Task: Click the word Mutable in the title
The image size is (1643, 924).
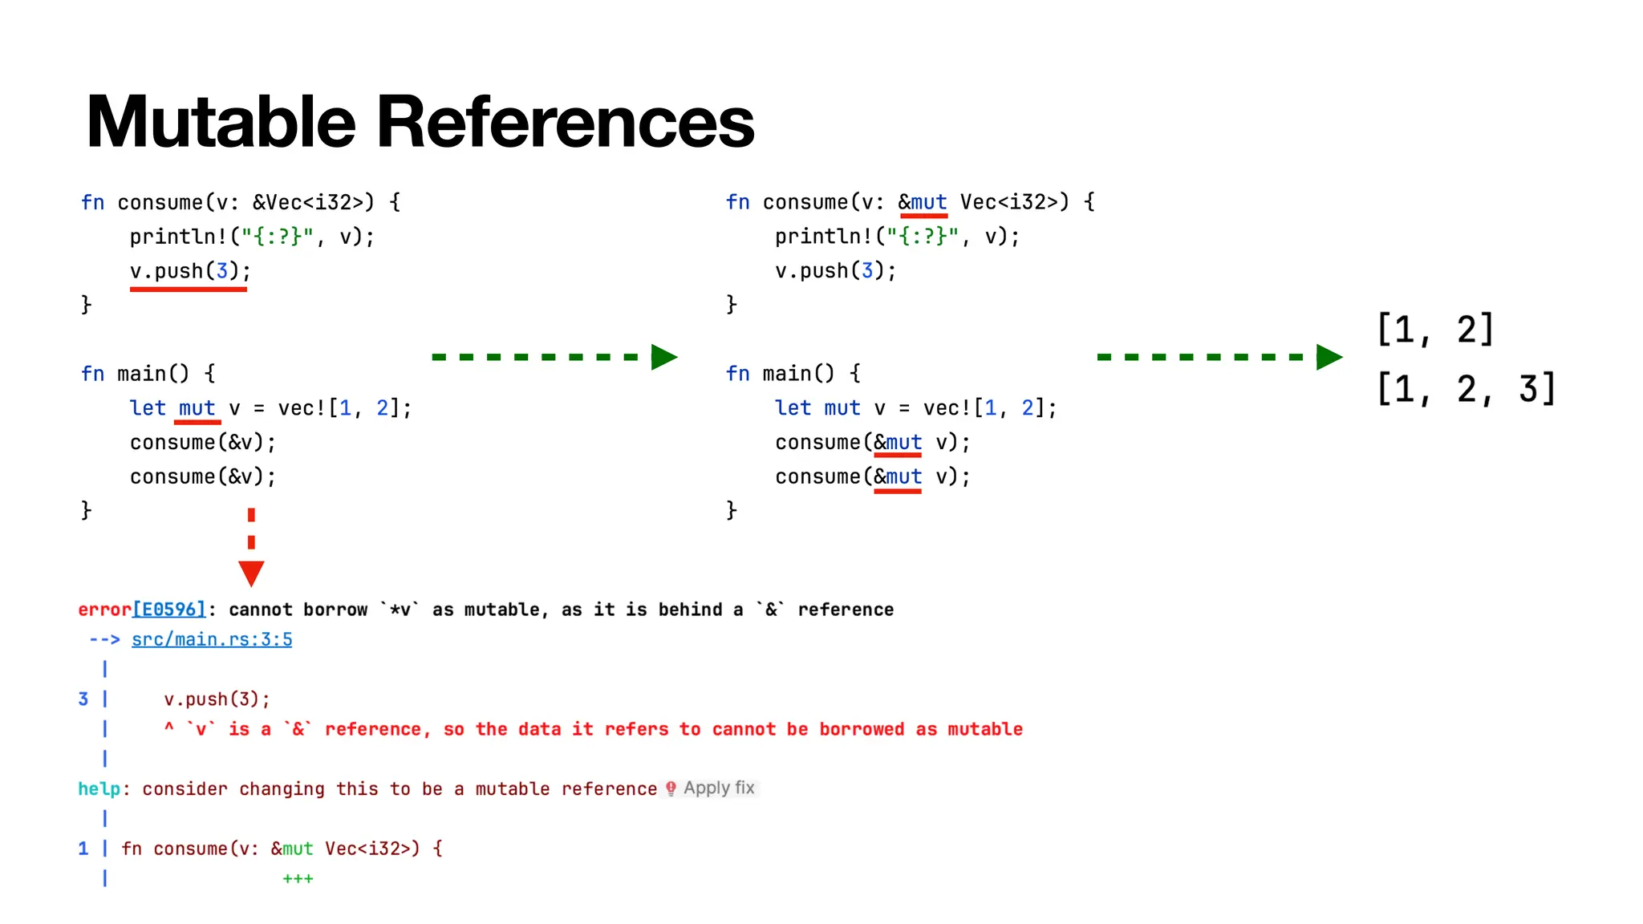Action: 221,122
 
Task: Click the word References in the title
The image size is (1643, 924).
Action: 565,122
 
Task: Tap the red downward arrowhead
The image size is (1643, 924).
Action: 251,573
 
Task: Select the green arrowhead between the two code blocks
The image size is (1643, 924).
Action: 663,357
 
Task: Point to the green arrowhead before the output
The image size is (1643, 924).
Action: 1329,357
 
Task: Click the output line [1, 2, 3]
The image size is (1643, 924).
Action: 1466,389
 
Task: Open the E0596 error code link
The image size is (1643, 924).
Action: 169,610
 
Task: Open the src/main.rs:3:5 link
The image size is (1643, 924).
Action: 212,639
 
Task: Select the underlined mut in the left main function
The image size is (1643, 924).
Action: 197,408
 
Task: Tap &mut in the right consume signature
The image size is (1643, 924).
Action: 923,202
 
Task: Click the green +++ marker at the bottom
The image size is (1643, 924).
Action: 298,879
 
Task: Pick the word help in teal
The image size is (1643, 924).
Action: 99,789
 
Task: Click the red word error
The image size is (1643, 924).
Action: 104,610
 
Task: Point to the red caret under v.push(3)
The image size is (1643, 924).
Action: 169,727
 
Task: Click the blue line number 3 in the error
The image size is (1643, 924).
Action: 83,699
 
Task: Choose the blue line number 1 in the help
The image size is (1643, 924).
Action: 83,849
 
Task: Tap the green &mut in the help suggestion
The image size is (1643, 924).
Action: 292,849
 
